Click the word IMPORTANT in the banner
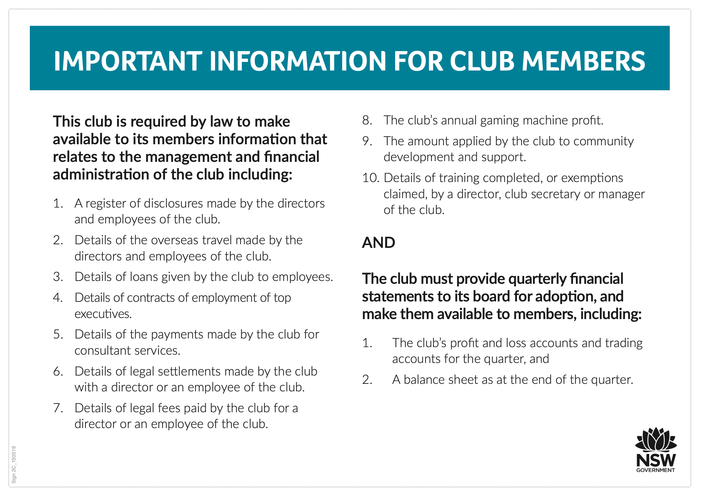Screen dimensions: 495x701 click(128, 61)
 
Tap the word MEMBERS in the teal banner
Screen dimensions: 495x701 click(583, 61)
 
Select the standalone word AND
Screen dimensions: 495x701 click(379, 243)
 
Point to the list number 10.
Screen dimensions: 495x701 click(371, 178)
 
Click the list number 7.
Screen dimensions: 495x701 click(58, 408)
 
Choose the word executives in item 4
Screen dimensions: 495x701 click(103, 314)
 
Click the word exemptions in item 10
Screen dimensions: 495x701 click(592, 178)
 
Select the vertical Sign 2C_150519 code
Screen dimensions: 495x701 click(14, 464)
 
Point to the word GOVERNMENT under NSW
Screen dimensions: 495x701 click(655, 470)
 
